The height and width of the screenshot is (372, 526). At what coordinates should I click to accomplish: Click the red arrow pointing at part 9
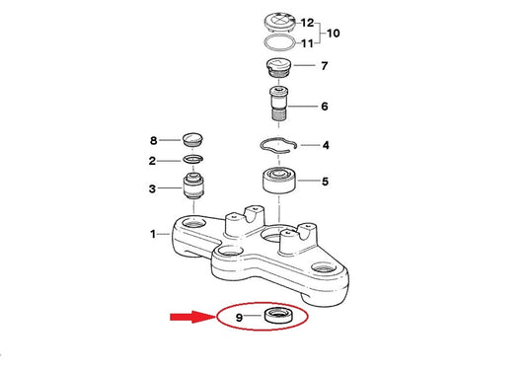191,317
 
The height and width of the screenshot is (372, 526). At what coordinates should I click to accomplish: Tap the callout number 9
239,318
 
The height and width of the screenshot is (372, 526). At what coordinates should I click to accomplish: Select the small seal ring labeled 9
278,315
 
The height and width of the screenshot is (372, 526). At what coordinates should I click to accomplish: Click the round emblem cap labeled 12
279,23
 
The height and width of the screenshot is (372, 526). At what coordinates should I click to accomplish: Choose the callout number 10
333,34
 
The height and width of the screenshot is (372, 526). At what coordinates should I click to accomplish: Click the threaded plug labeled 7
279,68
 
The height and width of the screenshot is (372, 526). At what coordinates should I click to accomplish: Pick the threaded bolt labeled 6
279,104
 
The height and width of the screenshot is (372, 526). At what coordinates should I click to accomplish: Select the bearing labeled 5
278,181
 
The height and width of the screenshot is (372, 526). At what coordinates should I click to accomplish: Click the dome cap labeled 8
191,139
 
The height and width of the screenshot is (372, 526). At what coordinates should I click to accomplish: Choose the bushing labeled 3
193,186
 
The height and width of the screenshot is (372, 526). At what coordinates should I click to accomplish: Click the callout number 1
153,234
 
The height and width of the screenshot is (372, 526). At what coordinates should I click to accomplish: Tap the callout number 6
325,107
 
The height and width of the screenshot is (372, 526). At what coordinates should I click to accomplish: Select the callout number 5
325,182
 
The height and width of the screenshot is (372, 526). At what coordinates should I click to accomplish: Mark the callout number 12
307,23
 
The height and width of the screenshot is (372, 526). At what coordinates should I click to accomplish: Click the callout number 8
153,140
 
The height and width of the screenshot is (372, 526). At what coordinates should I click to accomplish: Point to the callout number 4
326,145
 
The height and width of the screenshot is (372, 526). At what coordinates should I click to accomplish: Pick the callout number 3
152,188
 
